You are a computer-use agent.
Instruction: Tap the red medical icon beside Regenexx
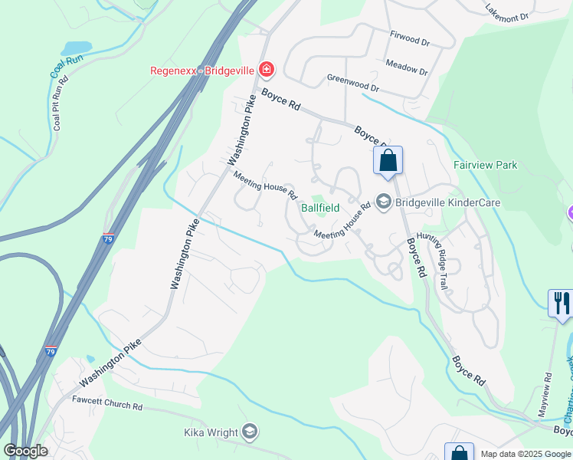tap(266, 71)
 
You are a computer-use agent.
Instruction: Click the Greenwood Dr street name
tap(353, 80)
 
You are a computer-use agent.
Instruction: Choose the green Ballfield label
tap(319, 208)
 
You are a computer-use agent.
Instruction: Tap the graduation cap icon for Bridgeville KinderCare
tap(384, 202)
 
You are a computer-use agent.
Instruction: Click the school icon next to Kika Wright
tap(249, 432)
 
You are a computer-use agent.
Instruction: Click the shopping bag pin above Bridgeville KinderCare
tap(388, 161)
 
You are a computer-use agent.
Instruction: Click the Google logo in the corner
tap(26, 451)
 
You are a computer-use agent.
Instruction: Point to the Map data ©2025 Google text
tap(525, 454)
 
